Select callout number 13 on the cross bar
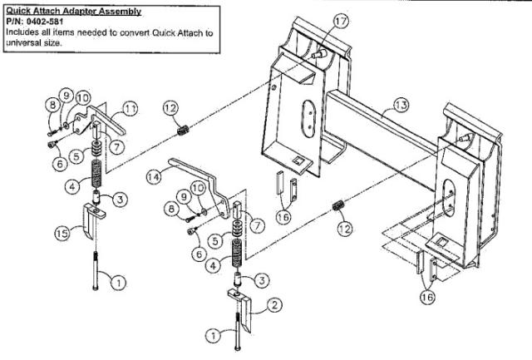pos(401,105)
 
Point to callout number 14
pos(154,177)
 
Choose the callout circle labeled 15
pos(62,235)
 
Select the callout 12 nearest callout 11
pos(168,108)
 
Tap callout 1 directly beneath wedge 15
pos(119,284)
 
